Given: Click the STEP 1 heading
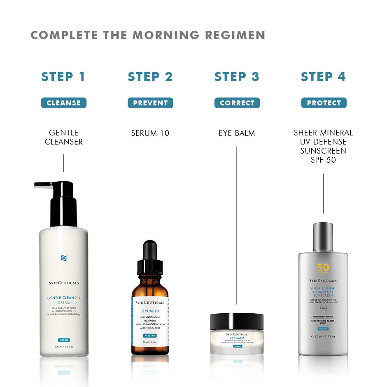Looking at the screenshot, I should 63,77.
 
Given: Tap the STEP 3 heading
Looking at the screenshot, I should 237,77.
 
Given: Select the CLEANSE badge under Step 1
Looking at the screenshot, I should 63,103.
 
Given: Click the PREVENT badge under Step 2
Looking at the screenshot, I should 150,103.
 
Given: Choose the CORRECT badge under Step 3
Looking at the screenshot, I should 237,103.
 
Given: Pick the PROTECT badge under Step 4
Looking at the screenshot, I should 324,103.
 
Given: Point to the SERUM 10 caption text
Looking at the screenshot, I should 150,133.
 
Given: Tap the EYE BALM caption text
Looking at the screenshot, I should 237,133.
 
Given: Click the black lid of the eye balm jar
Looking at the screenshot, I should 237,321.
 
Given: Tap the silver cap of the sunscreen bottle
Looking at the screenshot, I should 323,237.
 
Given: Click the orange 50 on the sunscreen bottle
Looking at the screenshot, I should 323,268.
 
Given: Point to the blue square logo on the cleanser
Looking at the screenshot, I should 63,258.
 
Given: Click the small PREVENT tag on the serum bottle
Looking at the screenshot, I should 150,336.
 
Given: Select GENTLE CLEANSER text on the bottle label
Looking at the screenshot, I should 63,298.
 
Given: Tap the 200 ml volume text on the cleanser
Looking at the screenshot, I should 63,347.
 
